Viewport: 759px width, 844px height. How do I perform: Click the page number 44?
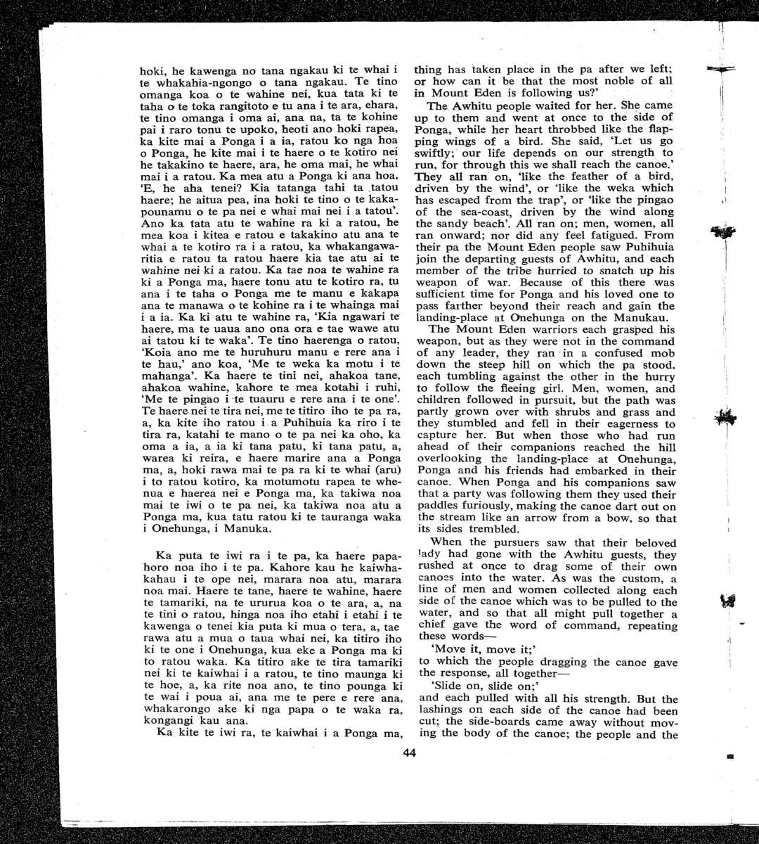pos(410,753)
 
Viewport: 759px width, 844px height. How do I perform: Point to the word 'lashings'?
pos(441,710)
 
